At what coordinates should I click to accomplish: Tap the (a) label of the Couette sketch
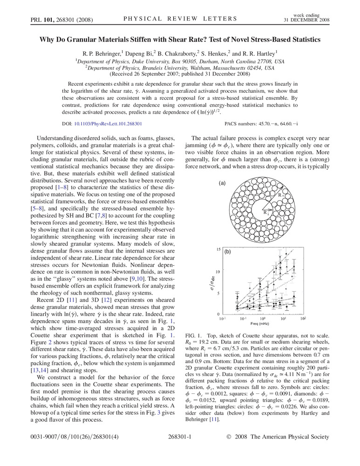coord(223,184)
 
